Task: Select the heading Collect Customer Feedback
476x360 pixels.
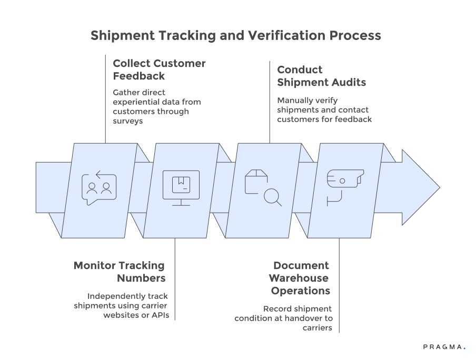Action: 159,69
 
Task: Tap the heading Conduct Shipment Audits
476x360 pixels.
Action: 321,76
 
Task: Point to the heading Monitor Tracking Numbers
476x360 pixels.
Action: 119,272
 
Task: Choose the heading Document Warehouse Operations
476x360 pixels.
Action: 300,278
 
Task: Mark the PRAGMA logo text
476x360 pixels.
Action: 442,347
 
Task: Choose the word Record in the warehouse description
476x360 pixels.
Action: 276,308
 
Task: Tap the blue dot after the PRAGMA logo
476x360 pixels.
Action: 464,348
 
